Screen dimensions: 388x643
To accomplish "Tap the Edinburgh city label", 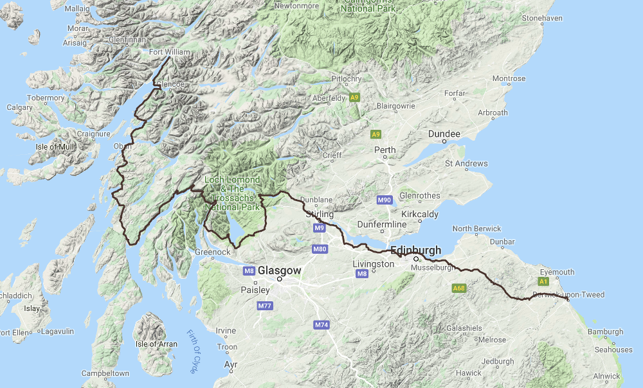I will click(x=415, y=251).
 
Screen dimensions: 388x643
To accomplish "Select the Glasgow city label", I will click(x=280, y=271).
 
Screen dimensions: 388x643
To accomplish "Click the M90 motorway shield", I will click(x=385, y=200).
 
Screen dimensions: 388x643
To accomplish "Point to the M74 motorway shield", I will click(x=321, y=325).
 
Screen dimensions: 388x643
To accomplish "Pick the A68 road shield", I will click(x=458, y=288).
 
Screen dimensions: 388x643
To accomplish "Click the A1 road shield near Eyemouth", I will click(x=543, y=281).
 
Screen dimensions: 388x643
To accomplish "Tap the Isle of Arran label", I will click(x=156, y=344).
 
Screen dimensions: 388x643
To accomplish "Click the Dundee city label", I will click(x=444, y=134).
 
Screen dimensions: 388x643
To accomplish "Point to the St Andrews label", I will click(x=466, y=164).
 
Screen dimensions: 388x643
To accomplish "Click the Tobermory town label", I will click(x=45, y=98).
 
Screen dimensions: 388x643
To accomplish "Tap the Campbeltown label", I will click(x=105, y=373).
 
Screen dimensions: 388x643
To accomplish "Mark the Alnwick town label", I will click(x=606, y=376).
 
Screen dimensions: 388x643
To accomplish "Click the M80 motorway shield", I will click(x=320, y=249).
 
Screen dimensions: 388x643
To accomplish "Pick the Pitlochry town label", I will click(x=347, y=79).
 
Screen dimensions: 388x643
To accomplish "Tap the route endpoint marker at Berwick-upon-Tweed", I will click(x=568, y=299).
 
